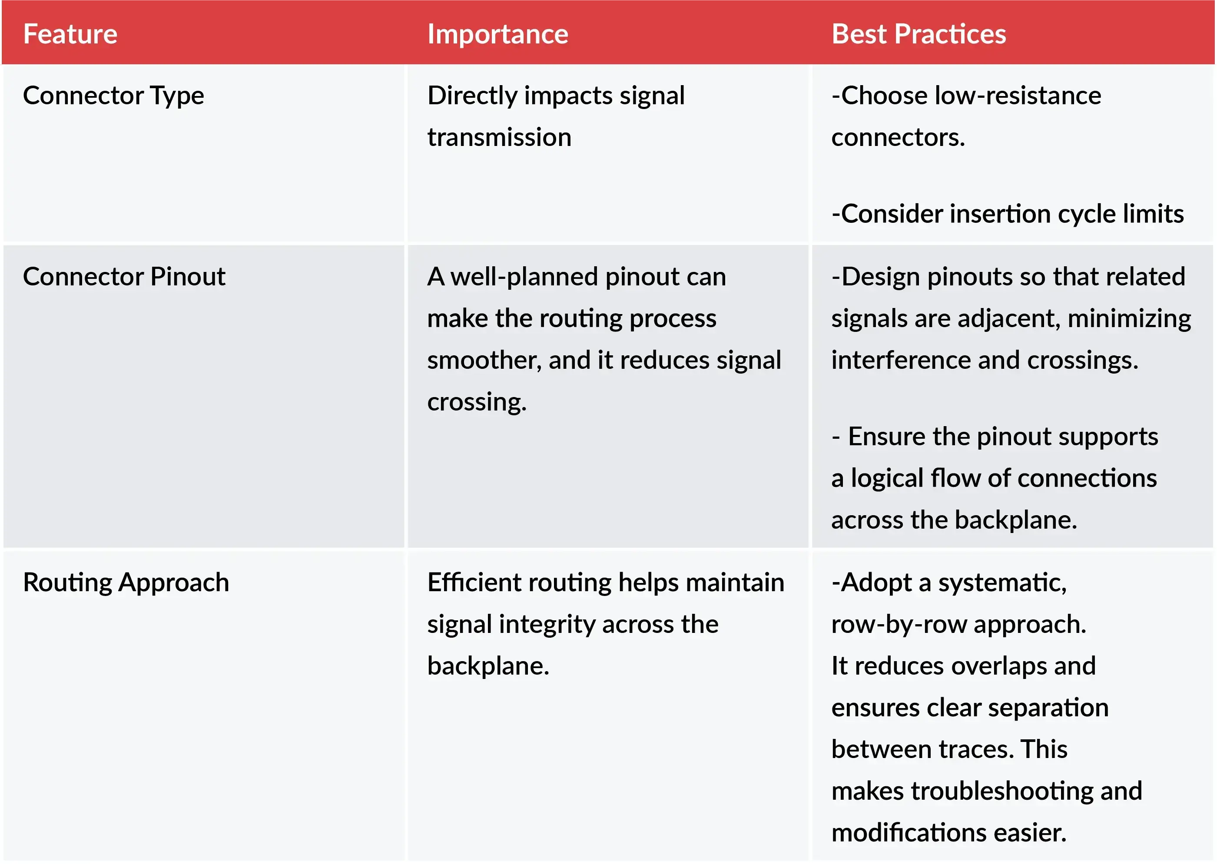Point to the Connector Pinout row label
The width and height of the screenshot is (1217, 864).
pos(124,277)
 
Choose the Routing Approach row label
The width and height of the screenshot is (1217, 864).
pos(126,583)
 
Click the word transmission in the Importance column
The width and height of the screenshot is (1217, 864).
pos(499,138)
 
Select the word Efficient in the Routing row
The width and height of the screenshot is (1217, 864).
pos(474,583)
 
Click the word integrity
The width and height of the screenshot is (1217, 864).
pos(547,625)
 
